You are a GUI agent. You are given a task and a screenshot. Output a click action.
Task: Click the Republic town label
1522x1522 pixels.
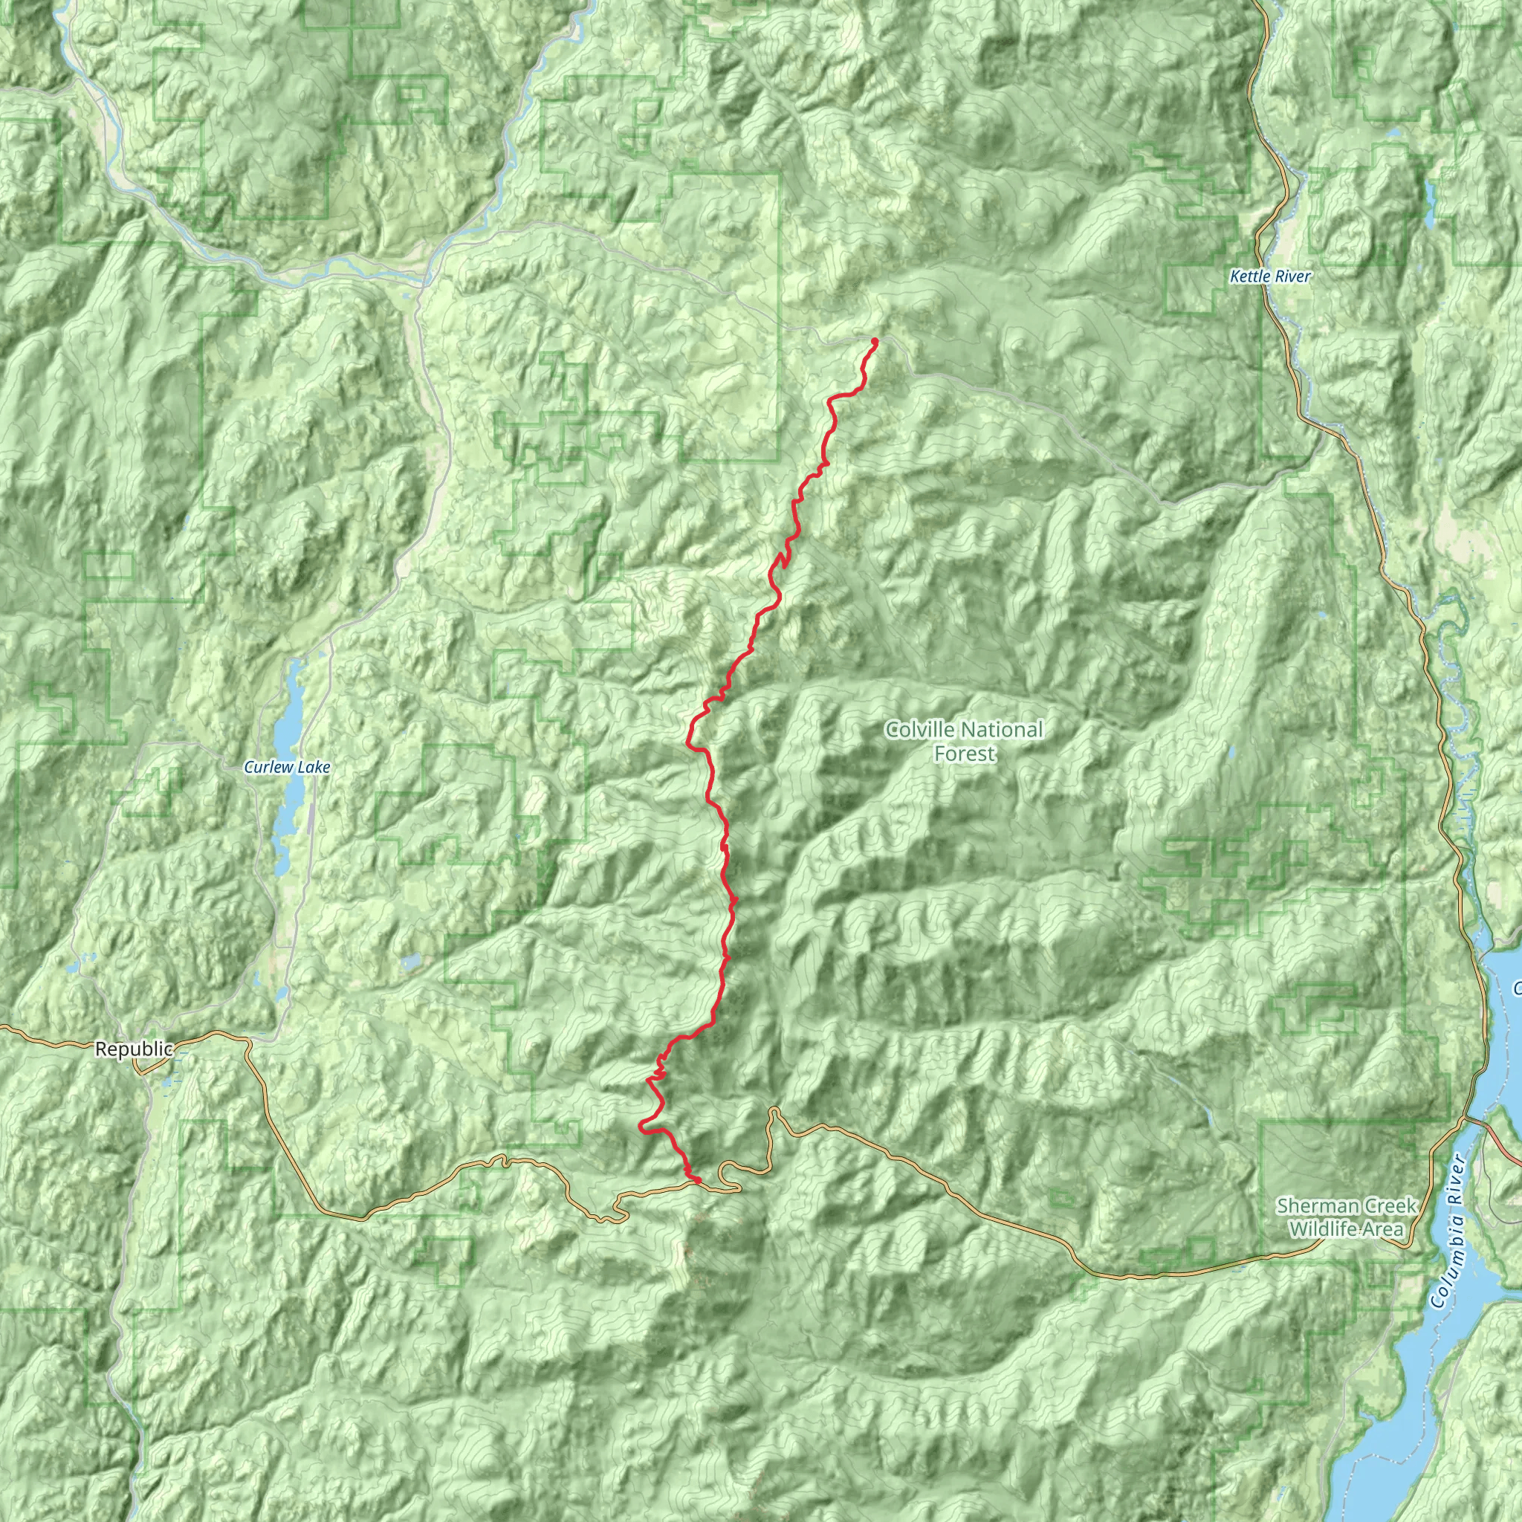coord(134,1049)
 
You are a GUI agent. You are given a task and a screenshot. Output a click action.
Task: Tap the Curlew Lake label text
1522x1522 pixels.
coord(287,767)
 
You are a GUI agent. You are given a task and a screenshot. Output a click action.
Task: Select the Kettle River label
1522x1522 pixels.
coord(1270,276)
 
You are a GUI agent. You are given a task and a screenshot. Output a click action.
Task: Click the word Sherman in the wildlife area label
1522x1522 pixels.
coord(1313,1206)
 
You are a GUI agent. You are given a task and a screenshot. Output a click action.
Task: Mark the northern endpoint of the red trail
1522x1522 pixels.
coord(875,340)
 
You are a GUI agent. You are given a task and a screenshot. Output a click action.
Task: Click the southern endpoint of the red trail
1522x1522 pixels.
coord(696,1179)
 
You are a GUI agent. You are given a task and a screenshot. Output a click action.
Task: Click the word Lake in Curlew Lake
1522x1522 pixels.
coord(314,767)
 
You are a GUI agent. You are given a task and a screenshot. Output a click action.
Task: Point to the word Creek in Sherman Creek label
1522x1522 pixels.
coord(1393,1206)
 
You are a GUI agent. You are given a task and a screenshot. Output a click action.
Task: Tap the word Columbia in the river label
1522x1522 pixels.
coord(1443,1265)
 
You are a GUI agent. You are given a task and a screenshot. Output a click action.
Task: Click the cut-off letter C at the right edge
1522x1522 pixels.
coord(1517,987)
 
